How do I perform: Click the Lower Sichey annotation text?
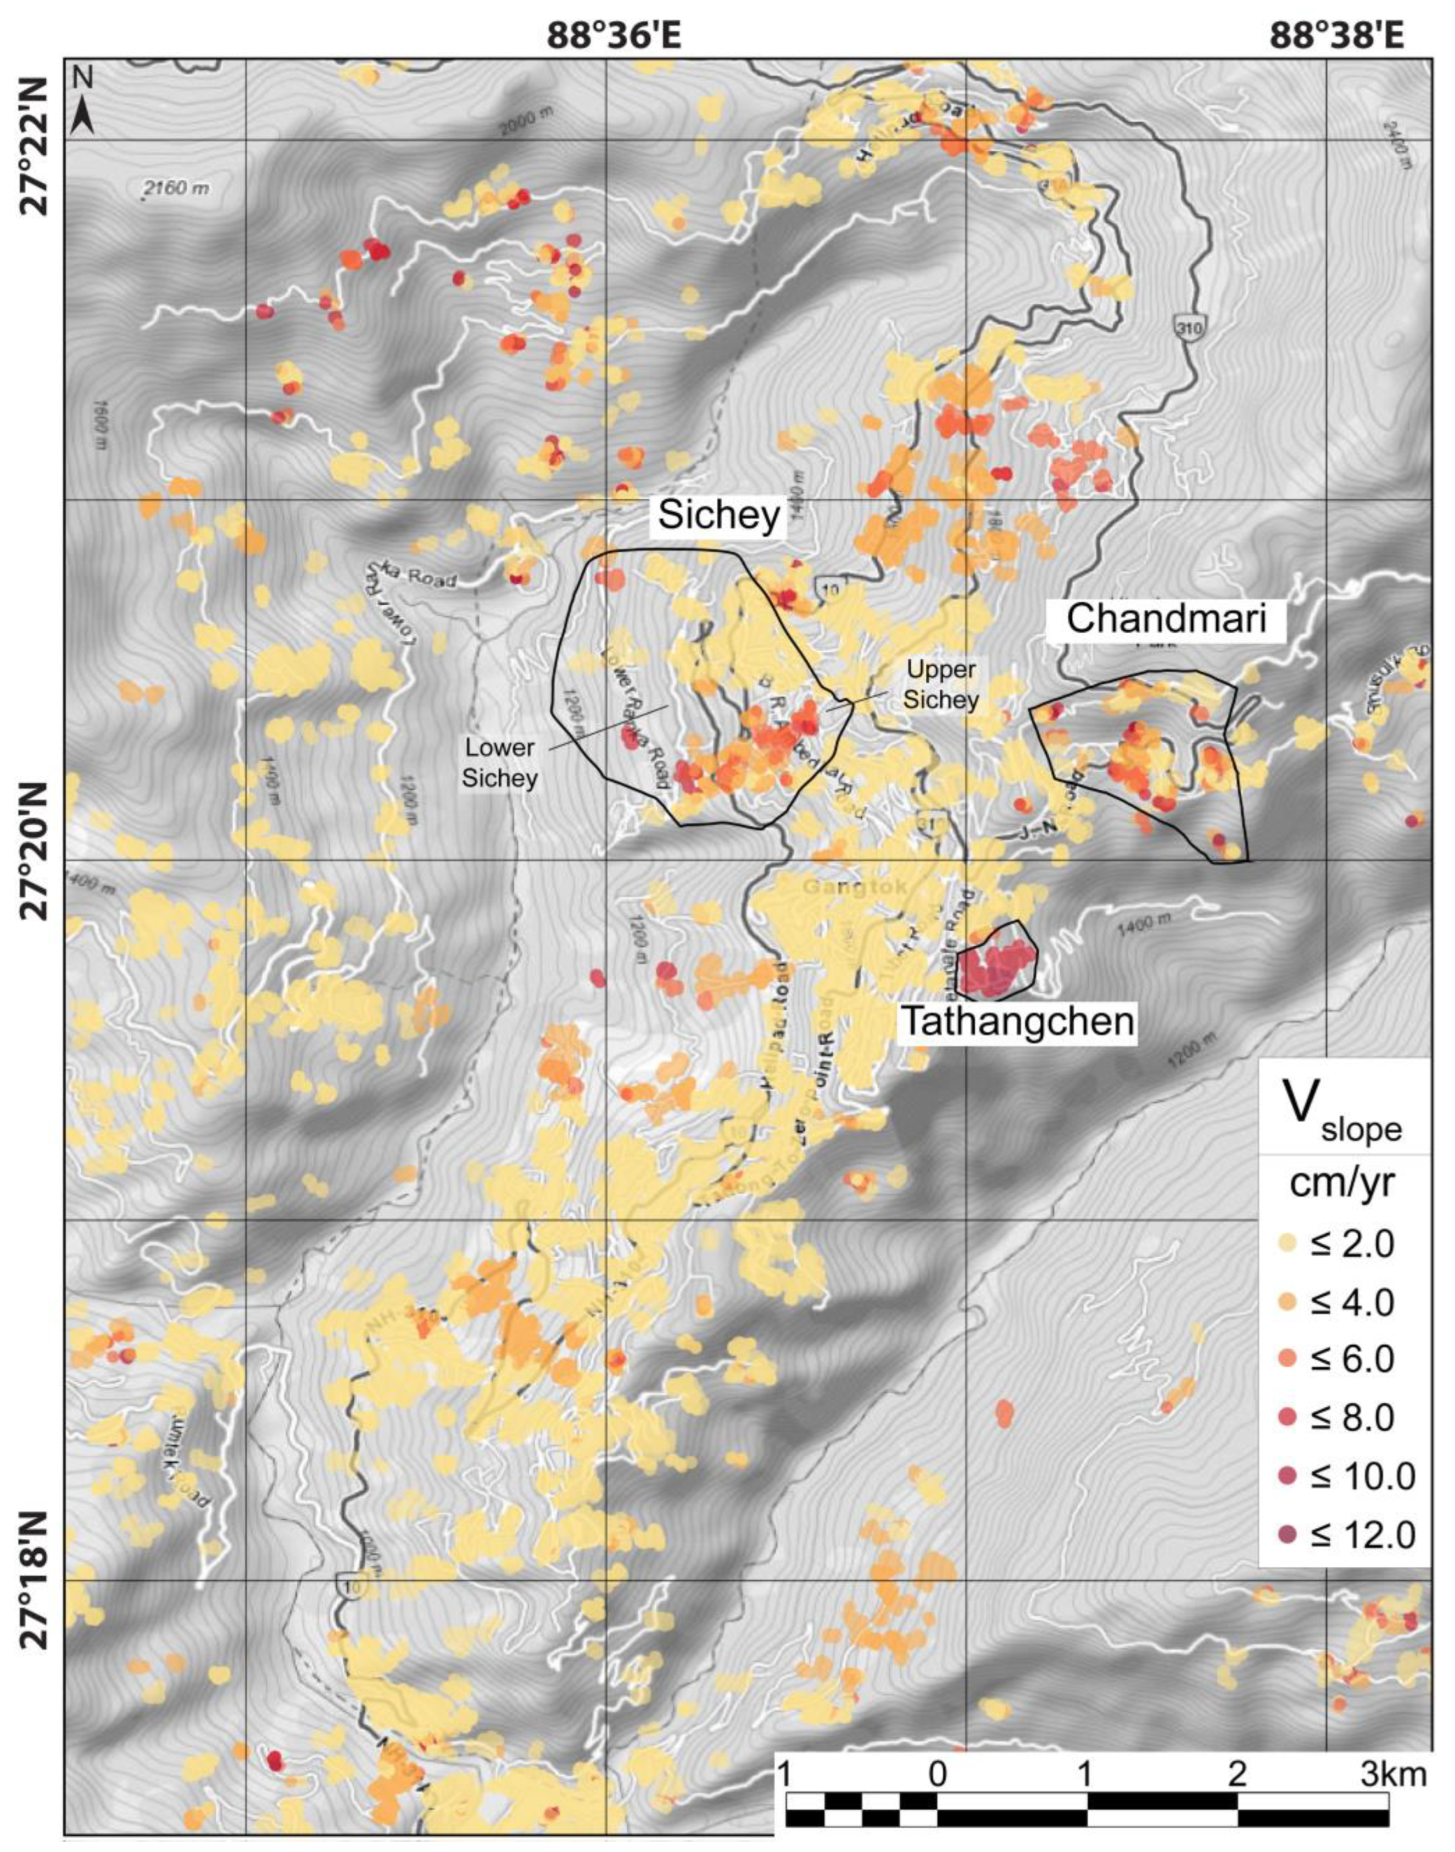(x=500, y=762)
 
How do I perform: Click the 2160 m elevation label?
(x=176, y=188)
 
